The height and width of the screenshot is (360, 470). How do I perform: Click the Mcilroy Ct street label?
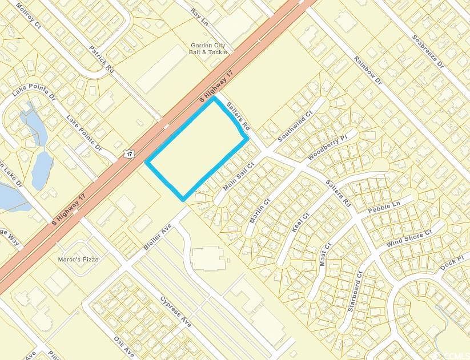29,15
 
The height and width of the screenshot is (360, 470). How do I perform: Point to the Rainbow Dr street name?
367,71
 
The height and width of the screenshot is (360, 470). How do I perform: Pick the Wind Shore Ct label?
409,236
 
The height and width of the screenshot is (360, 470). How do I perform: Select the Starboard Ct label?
355,290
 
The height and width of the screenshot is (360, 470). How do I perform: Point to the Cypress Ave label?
176,310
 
